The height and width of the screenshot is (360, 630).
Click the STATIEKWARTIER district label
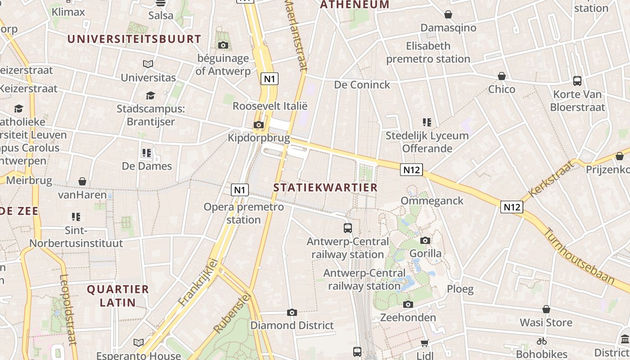[325, 188]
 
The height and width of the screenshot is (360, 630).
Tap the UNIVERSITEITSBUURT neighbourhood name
[134, 39]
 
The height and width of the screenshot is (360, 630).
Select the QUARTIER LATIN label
[118, 296]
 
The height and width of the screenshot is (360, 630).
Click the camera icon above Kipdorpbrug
[259, 125]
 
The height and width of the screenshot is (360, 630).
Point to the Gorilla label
[425, 253]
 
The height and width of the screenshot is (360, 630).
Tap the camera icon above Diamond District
[292, 312]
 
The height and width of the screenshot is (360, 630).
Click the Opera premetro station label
[244, 213]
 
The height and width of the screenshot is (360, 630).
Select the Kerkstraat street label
[552, 179]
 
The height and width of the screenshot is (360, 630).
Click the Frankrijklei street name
[198, 282]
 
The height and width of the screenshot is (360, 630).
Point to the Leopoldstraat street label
[68, 310]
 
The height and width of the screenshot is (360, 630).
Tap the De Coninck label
[362, 85]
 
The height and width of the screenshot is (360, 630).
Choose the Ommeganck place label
[432, 201]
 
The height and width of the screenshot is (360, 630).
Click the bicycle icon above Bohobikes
[542, 341]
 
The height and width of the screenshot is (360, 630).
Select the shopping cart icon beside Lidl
[424, 343]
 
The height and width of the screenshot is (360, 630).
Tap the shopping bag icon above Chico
[502, 76]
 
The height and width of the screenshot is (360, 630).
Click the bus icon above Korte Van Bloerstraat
[577, 81]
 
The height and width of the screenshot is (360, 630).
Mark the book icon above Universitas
[148, 64]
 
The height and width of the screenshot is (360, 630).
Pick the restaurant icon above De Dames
[147, 153]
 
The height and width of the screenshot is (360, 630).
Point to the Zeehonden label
[408, 317]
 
